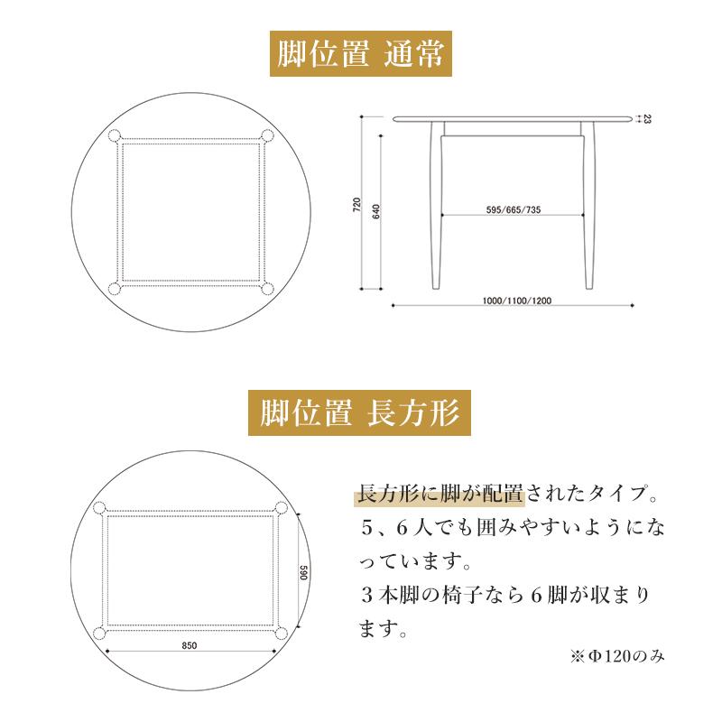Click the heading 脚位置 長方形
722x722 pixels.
tap(360, 414)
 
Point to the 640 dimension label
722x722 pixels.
tap(376, 213)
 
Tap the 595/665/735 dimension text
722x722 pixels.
tap(514, 209)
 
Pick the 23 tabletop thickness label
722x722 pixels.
tap(648, 118)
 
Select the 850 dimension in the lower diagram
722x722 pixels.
tap(190, 645)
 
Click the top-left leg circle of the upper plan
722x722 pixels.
tap(115, 135)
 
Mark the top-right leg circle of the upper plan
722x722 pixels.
tap(268, 135)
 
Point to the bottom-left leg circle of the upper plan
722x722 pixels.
tap(115, 289)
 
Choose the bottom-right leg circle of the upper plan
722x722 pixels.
tap(268, 289)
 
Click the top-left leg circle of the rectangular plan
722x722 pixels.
tap(99, 508)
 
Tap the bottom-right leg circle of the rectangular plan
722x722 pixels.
tap(282, 632)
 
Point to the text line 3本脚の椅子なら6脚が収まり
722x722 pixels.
tap(504, 597)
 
